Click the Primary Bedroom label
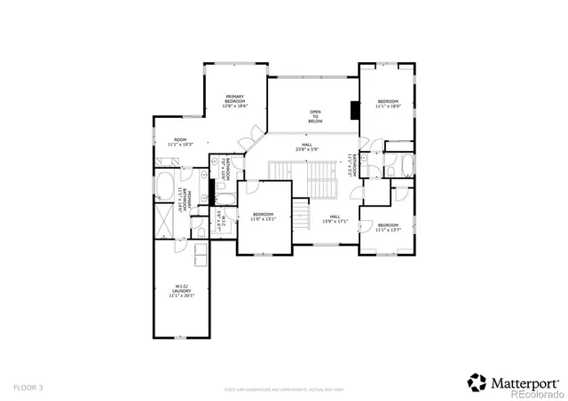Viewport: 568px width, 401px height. pos(235,101)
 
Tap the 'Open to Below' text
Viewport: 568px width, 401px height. pos(315,116)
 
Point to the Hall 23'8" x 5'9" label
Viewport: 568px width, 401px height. pos(307,146)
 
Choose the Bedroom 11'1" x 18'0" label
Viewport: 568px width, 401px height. pos(388,105)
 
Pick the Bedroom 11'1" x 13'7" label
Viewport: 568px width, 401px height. pos(388,227)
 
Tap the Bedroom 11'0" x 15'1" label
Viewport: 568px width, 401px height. pos(264,216)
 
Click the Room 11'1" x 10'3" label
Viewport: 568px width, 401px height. pos(180,141)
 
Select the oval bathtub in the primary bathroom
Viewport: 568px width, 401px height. pos(165,186)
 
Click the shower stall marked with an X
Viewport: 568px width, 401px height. pos(165,220)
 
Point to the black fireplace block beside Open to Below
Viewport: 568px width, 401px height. pos(354,110)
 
